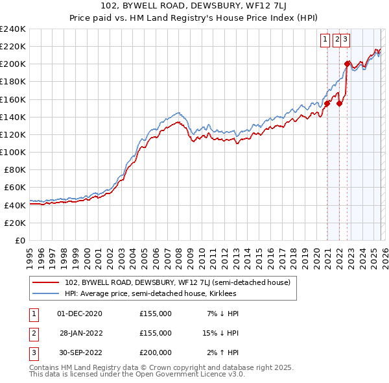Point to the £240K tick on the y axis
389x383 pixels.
coord(13,29)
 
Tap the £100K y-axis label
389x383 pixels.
coord(13,152)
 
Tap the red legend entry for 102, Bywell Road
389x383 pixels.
coord(181,282)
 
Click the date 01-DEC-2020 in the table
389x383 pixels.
coord(80,314)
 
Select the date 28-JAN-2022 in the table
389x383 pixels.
coord(80,333)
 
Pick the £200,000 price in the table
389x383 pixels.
coord(156,352)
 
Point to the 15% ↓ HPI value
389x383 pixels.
coord(221,333)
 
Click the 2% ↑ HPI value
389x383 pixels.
coord(223,352)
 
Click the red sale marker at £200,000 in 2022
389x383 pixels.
coord(347,64)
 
